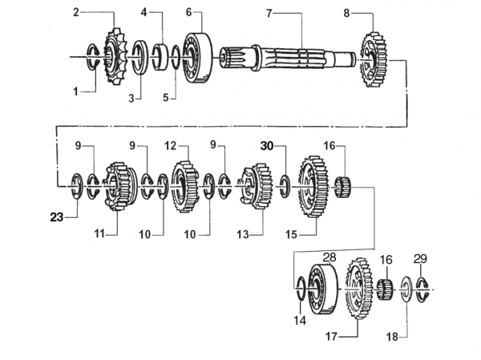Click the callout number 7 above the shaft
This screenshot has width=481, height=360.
269,13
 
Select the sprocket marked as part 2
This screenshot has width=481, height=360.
113,55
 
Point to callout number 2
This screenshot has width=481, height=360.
76,12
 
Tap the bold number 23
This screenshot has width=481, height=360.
56,216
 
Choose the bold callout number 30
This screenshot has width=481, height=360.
267,146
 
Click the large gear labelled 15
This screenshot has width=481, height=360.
311,187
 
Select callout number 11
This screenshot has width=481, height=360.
99,233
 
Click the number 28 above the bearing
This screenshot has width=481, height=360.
329,257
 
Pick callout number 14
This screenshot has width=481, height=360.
300,321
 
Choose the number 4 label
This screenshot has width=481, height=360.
144,13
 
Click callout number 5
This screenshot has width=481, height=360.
167,98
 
